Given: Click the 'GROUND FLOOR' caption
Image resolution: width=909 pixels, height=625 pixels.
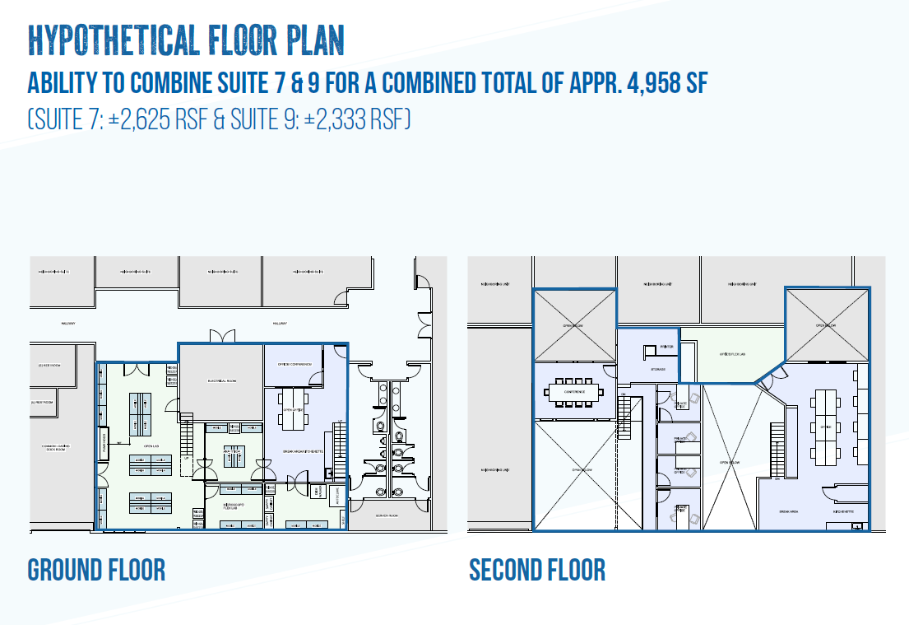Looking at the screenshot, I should (x=96, y=569).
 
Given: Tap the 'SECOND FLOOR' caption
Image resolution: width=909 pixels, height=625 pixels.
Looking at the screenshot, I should (x=537, y=569).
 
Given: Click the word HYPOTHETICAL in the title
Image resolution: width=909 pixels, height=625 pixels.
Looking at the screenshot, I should (x=107, y=39).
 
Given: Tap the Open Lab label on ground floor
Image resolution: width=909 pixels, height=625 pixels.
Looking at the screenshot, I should (x=151, y=447).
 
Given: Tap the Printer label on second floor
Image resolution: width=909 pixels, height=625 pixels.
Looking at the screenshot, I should (x=667, y=347).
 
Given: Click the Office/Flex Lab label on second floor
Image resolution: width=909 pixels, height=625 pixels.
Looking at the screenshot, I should (x=732, y=354).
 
